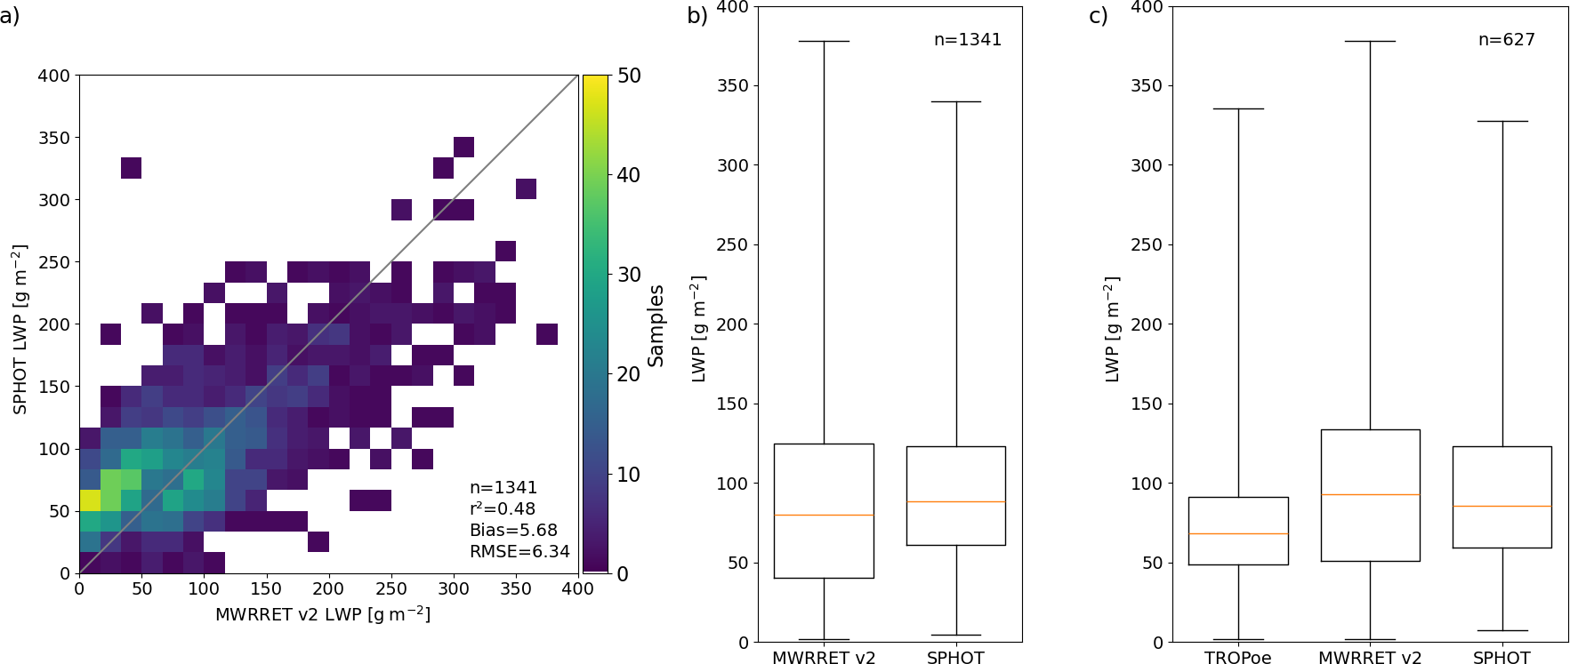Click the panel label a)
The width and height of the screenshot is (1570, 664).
[x=10, y=16]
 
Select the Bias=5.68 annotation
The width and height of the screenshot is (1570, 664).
[x=513, y=531]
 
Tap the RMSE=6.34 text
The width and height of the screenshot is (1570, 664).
[x=519, y=552]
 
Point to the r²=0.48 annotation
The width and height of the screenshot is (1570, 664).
[x=503, y=509]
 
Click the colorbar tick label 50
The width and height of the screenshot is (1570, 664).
[x=629, y=76]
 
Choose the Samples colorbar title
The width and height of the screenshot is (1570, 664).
[x=656, y=325]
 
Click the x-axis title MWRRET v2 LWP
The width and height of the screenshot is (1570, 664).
[x=323, y=614]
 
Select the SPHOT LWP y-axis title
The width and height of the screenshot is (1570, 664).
[x=20, y=329]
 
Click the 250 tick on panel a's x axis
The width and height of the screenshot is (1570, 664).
[x=390, y=589]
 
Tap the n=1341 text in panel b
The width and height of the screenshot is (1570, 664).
[x=968, y=40]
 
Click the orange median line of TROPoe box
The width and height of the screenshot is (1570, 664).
[x=1238, y=533]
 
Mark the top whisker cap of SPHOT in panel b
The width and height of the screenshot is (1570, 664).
[x=955, y=102]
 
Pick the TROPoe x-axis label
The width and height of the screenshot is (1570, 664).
[x=1237, y=658]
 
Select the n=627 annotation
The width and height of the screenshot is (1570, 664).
[x=1506, y=40]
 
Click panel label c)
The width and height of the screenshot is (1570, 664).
[x=1098, y=16]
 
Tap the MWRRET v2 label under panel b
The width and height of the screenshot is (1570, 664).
[x=824, y=658]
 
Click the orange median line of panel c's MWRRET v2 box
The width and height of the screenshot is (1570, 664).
[x=1370, y=494]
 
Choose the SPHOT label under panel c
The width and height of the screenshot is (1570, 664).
[x=1502, y=658]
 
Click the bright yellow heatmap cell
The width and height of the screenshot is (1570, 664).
[x=90, y=500]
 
